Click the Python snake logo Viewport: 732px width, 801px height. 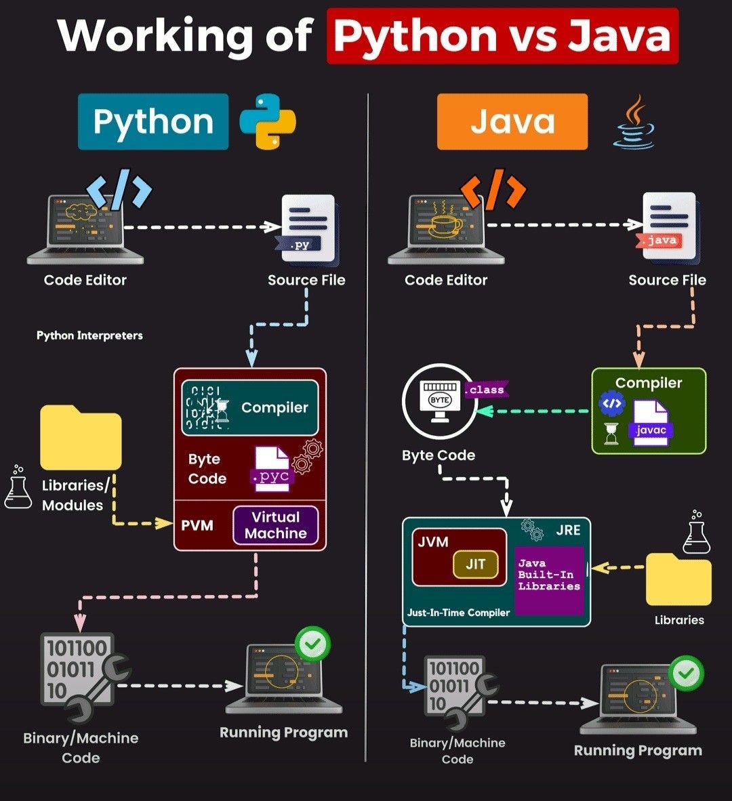pyautogui.click(x=268, y=121)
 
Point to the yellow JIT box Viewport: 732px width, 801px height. pyautogui.click(x=476, y=564)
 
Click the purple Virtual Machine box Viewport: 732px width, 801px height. pyautogui.click(x=276, y=525)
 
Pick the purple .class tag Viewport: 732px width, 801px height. pyautogui.click(x=486, y=390)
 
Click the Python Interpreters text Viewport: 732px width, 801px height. pyautogui.click(x=89, y=335)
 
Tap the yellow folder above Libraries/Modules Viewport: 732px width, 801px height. pyautogui.click(x=81, y=438)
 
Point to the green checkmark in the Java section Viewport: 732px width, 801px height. pyautogui.click(x=687, y=673)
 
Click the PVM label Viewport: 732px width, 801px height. pyautogui.click(x=197, y=526)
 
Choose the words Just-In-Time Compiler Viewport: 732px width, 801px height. pyautogui.click(x=458, y=613)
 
